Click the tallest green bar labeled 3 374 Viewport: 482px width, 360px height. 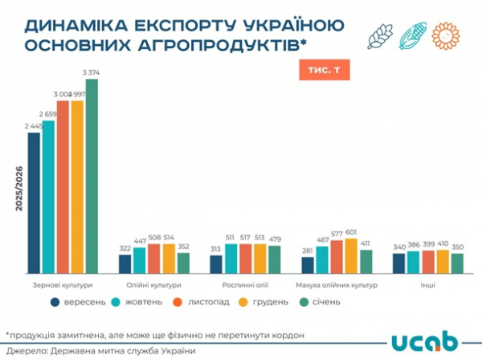tap(92, 177)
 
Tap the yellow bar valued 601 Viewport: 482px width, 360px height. tap(350, 256)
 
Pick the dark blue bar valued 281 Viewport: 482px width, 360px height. tap(308, 265)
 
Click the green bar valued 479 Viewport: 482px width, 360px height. tap(274, 260)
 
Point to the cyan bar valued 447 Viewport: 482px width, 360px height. tap(140, 260)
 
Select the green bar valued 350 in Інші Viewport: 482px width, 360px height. tap(457, 264)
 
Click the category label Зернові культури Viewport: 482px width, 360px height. tap(63, 285)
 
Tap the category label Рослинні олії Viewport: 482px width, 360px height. tap(245, 285)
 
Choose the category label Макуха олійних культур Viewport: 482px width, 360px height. tap(336, 285)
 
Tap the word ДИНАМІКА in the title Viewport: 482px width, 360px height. tap(73, 24)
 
